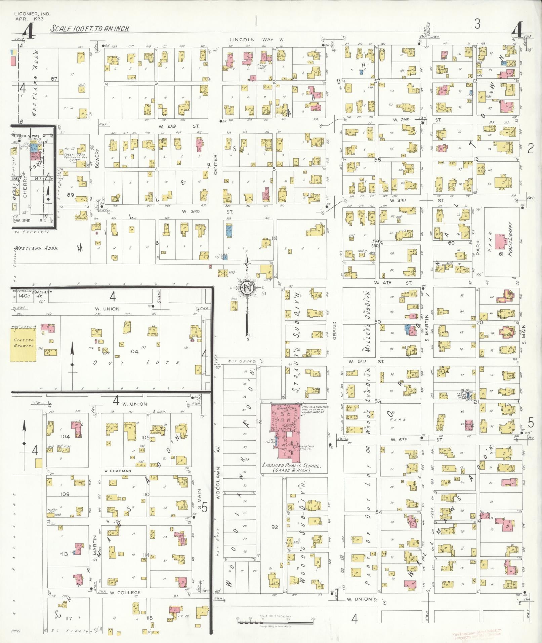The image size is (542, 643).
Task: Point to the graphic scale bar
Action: click(x=275, y=622)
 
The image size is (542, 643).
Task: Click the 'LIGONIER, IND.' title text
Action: click(x=32, y=14)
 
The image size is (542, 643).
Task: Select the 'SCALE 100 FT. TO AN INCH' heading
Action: click(x=90, y=29)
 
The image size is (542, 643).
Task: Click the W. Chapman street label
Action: click(x=118, y=471)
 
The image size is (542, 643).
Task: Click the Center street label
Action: click(x=215, y=165)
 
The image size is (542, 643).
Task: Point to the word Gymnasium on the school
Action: click(x=286, y=408)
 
